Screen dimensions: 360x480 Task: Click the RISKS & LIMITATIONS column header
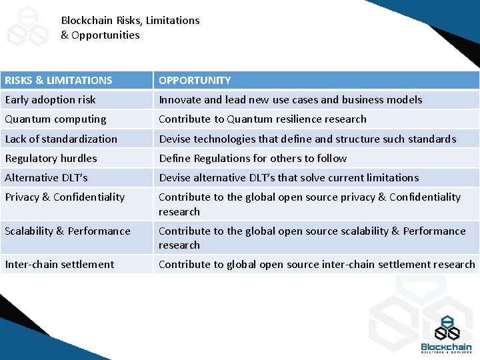59,81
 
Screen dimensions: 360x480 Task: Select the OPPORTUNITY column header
195,81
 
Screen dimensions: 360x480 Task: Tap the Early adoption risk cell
51,100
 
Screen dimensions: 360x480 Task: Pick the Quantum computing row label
55,119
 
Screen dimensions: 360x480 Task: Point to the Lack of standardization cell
61,139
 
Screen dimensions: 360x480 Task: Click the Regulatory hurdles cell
51,158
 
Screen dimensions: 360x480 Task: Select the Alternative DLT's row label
46,177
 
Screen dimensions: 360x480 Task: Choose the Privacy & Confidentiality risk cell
65,197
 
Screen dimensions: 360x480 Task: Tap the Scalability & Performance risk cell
67,231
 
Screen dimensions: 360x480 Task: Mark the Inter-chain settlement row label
59,264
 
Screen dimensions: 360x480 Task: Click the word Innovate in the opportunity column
180,100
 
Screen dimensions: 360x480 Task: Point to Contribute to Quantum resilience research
263,119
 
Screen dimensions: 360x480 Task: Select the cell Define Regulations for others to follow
253,158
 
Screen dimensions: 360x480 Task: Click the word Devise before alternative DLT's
174,177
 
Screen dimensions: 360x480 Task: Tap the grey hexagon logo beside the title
28,27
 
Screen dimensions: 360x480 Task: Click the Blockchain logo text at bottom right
446,347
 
